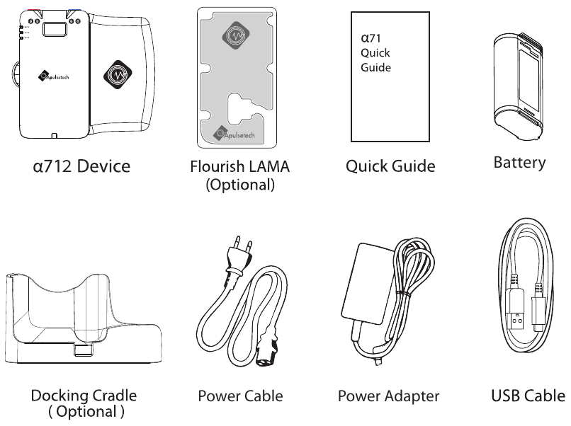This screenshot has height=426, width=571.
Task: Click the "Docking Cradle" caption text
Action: pyautogui.click(x=88, y=396)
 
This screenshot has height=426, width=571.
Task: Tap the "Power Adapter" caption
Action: pyautogui.click(x=388, y=396)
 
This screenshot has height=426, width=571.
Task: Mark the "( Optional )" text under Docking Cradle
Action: pyautogui.click(x=88, y=410)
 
